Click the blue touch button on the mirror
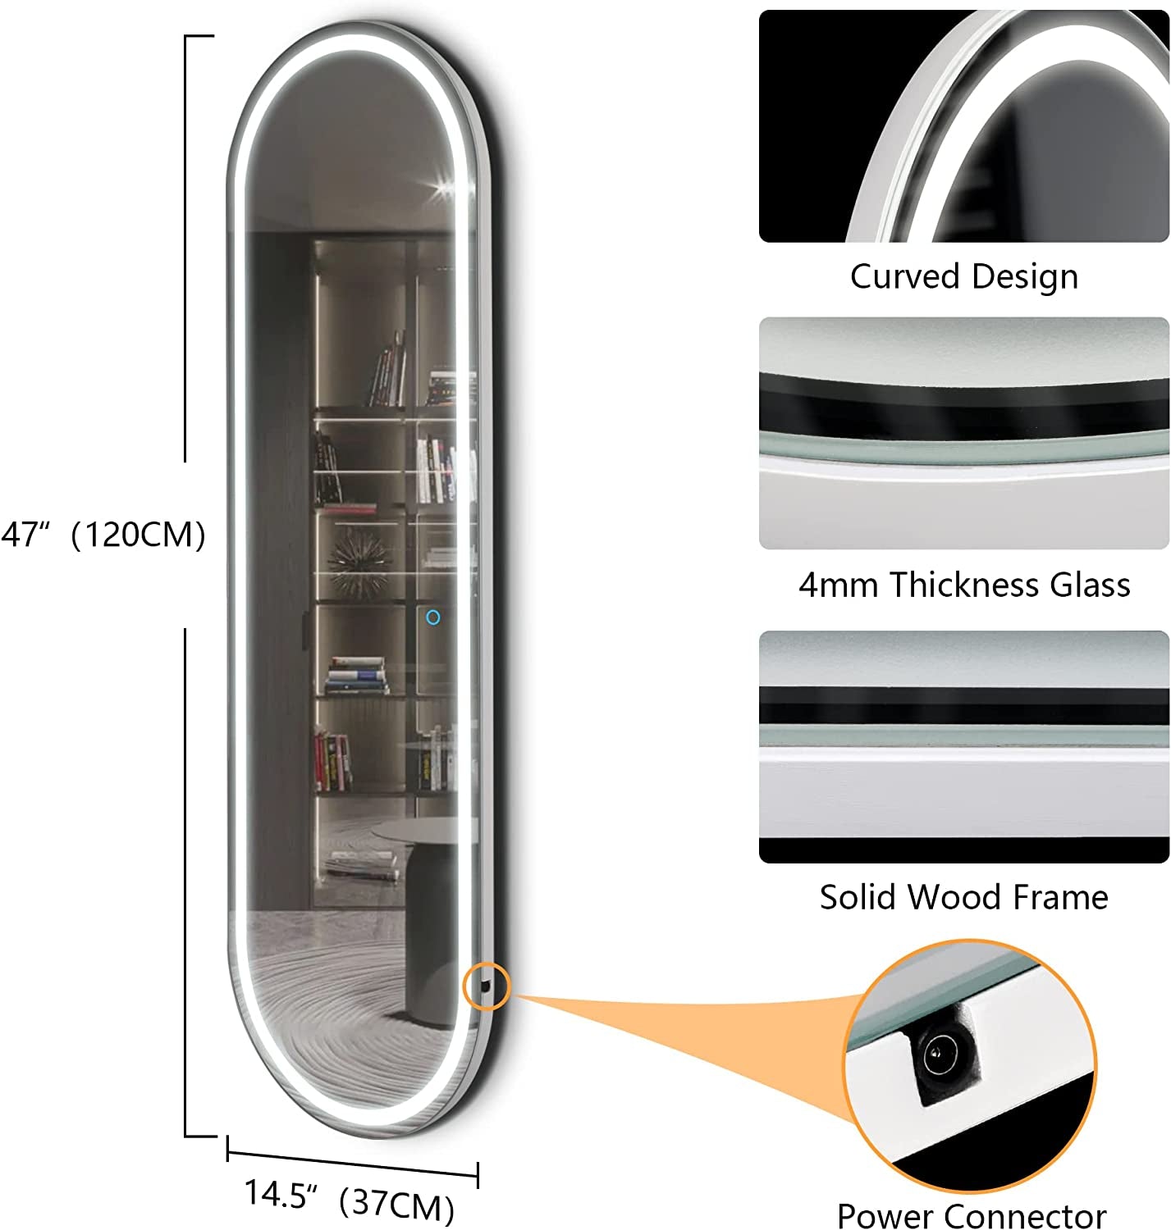pyautogui.click(x=432, y=617)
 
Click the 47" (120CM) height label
pyautogui.click(x=103, y=535)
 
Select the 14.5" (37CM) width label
pyautogui.click(x=350, y=1200)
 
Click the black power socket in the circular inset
pyautogui.click(x=942, y=1055)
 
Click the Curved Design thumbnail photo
pyautogui.click(x=963, y=126)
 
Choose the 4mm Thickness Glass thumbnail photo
pyautogui.click(x=963, y=433)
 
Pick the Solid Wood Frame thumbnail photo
pyautogui.click(x=963, y=746)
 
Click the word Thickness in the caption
pyautogui.click(x=964, y=585)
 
